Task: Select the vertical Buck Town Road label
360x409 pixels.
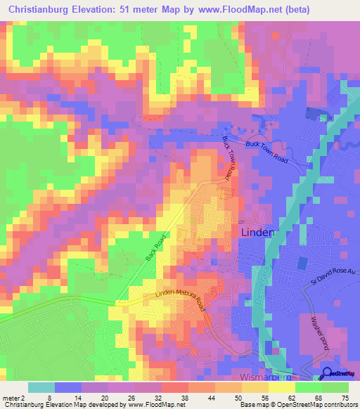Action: pyautogui.click(x=228, y=158)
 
